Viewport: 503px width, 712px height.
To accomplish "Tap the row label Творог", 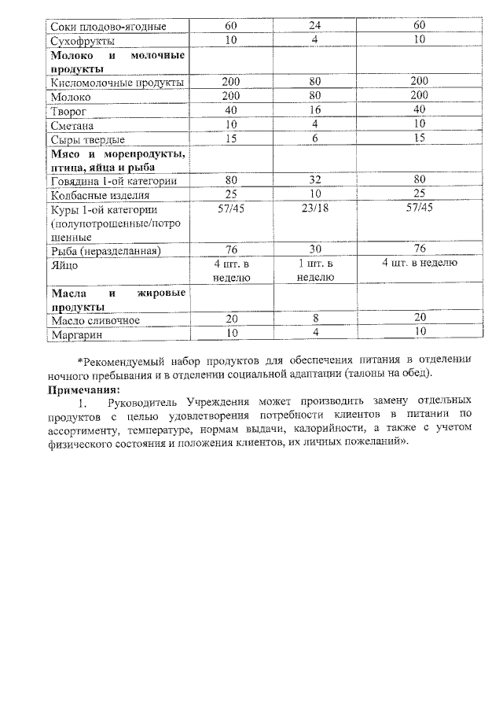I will coord(68,110).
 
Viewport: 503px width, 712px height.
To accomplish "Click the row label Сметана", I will coord(72,124).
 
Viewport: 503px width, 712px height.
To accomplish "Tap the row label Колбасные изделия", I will coord(99,194).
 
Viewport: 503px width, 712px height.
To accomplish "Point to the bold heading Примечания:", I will coord(84,389).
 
